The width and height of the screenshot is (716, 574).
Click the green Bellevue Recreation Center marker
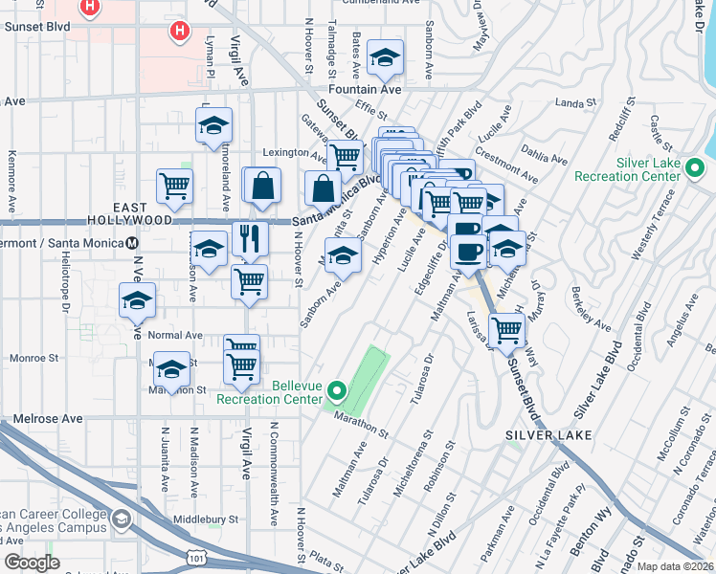click(x=336, y=391)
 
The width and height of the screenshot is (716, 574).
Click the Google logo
click(x=32, y=563)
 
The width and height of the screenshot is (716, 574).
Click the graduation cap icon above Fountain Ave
click(x=386, y=60)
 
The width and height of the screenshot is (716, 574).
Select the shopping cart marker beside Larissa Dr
click(x=506, y=330)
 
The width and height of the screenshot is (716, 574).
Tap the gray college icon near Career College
click(x=122, y=519)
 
